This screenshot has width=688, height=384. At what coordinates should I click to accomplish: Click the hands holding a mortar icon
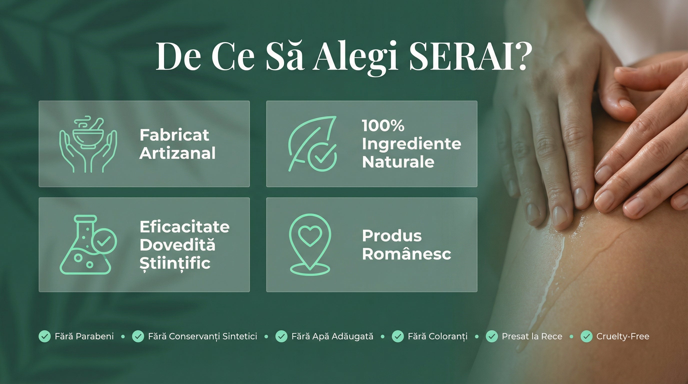point(88,144)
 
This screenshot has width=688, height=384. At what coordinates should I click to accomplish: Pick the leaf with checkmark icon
point(312,144)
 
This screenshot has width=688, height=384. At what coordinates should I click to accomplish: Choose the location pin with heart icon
point(310,244)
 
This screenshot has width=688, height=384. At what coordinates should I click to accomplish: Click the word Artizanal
point(177,153)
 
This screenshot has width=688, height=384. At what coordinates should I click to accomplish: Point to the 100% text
point(383,125)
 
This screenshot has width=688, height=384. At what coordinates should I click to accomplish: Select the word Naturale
point(398,162)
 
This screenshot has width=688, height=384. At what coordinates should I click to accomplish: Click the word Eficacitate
point(184,227)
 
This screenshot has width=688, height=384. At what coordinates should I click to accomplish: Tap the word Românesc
point(406,254)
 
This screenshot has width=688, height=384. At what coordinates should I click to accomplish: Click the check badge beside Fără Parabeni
point(44,336)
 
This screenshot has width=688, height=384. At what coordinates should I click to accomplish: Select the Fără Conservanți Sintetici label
point(202,336)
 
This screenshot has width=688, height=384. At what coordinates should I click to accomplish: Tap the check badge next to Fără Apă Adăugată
point(281,336)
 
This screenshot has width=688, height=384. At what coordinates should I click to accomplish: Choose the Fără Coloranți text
point(437,336)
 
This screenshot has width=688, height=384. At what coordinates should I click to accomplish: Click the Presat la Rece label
point(532,336)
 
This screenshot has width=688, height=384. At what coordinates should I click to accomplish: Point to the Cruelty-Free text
point(622,336)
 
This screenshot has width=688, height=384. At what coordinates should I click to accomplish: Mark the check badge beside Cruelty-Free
point(586,336)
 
